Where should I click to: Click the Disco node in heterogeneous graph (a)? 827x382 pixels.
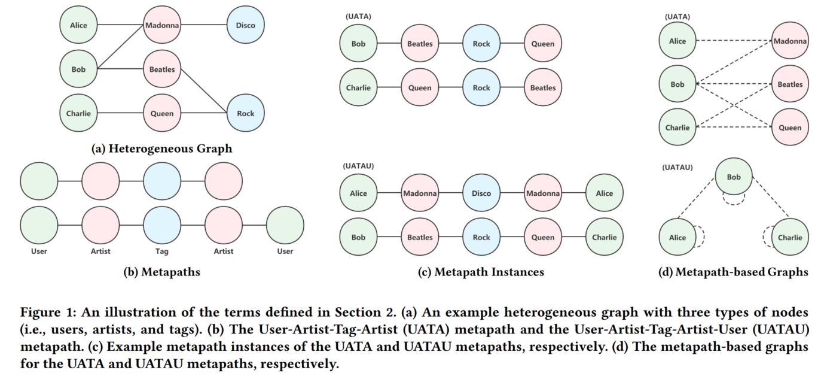click(245, 25)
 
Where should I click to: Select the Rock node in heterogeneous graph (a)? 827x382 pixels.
click(245, 113)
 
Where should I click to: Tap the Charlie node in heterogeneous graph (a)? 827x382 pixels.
click(78, 113)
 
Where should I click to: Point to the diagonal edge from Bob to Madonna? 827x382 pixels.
click(120, 48)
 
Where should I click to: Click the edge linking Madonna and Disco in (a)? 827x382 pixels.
click(203, 25)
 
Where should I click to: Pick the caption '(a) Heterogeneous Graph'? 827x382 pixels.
click(161, 148)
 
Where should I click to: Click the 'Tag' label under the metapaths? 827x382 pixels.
click(162, 251)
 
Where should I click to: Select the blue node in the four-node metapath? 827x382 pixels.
click(162, 181)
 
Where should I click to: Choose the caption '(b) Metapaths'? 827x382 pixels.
click(161, 272)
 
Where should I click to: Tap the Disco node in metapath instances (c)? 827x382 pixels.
click(481, 193)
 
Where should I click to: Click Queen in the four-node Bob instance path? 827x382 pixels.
click(543, 44)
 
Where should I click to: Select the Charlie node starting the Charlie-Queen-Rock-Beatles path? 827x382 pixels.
click(358, 87)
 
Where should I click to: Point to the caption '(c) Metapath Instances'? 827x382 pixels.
click(481, 272)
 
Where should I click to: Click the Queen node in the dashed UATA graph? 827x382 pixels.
click(790, 128)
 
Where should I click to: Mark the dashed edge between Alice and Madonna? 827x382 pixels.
click(734, 41)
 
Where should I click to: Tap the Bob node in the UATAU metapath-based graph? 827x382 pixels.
click(733, 177)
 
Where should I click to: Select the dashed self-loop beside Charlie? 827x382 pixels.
click(767, 237)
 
